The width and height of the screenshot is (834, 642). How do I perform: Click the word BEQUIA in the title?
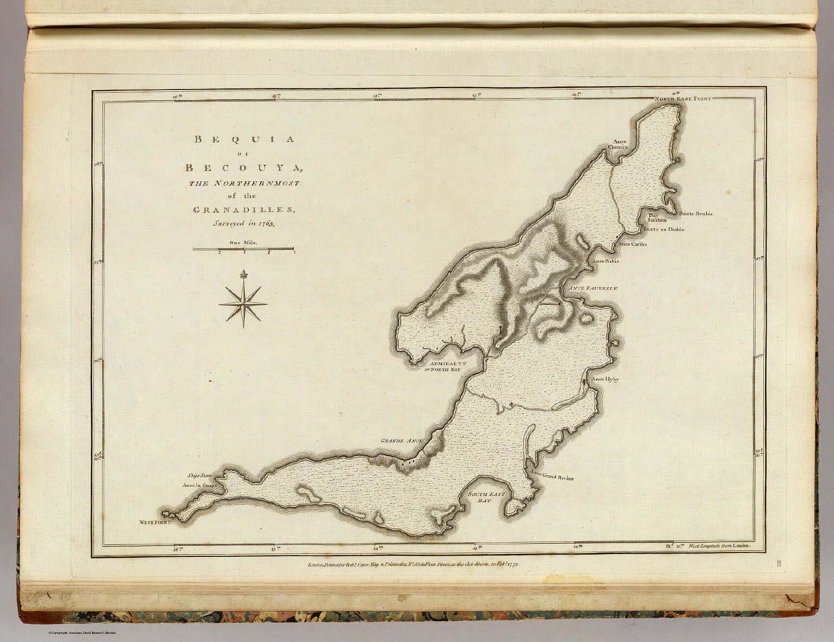point(244,139)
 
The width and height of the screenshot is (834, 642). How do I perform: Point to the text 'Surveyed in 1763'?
point(244,223)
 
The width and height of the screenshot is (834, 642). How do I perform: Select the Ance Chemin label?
point(618,143)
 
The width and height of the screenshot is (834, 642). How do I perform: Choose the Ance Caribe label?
point(633,244)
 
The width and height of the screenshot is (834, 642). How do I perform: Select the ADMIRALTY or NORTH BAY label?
point(445,367)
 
